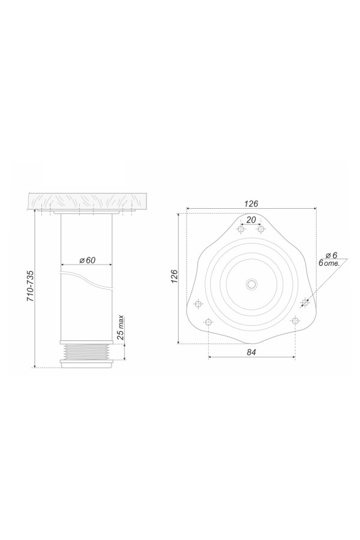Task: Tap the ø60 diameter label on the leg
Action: (x=87, y=260)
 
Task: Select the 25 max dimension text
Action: (x=120, y=328)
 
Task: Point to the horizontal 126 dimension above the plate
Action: (x=251, y=203)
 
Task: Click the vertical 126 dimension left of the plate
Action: (x=174, y=277)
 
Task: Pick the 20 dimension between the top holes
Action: (x=251, y=220)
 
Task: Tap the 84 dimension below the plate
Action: (x=252, y=352)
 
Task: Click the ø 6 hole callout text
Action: (x=332, y=255)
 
